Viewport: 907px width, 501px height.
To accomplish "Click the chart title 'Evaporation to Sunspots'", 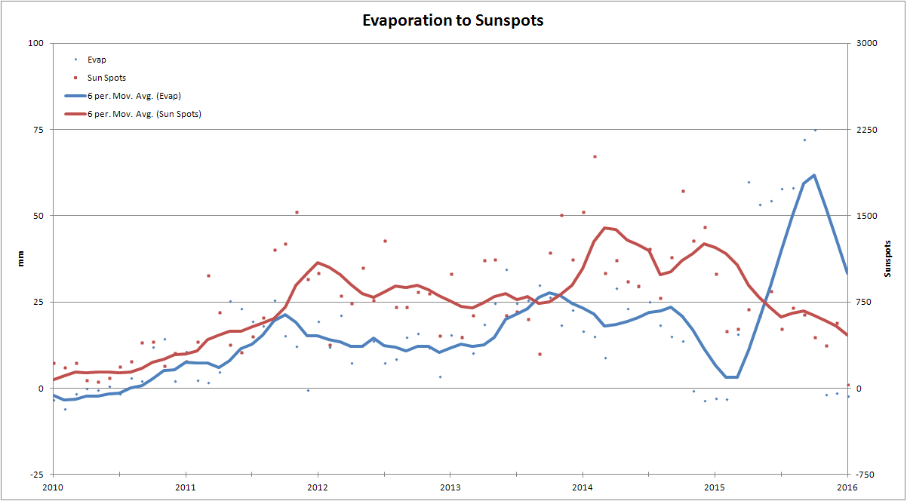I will pyautogui.click(x=453, y=20).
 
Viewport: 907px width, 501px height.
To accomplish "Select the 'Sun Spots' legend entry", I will pyautogui.click(x=106, y=77).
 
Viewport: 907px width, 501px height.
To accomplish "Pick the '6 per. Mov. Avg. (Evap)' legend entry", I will pyautogui.click(x=134, y=96).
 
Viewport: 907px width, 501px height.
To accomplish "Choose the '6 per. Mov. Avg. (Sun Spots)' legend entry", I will pyautogui.click(x=144, y=114).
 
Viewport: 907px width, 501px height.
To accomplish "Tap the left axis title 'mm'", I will pyautogui.click(x=20, y=260).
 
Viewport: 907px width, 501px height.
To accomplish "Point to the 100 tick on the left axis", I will pyautogui.click(x=35, y=43).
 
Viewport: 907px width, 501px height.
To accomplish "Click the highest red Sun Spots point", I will pyautogui.click(x=595, y=156).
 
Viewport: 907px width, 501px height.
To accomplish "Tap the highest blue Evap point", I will pyautogui.click(x=815, y=130).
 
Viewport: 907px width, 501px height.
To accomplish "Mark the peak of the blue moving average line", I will pyautogui.click(x=813, y=175).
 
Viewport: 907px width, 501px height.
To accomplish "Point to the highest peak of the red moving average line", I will pyautogui.click(x=606, y=227).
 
